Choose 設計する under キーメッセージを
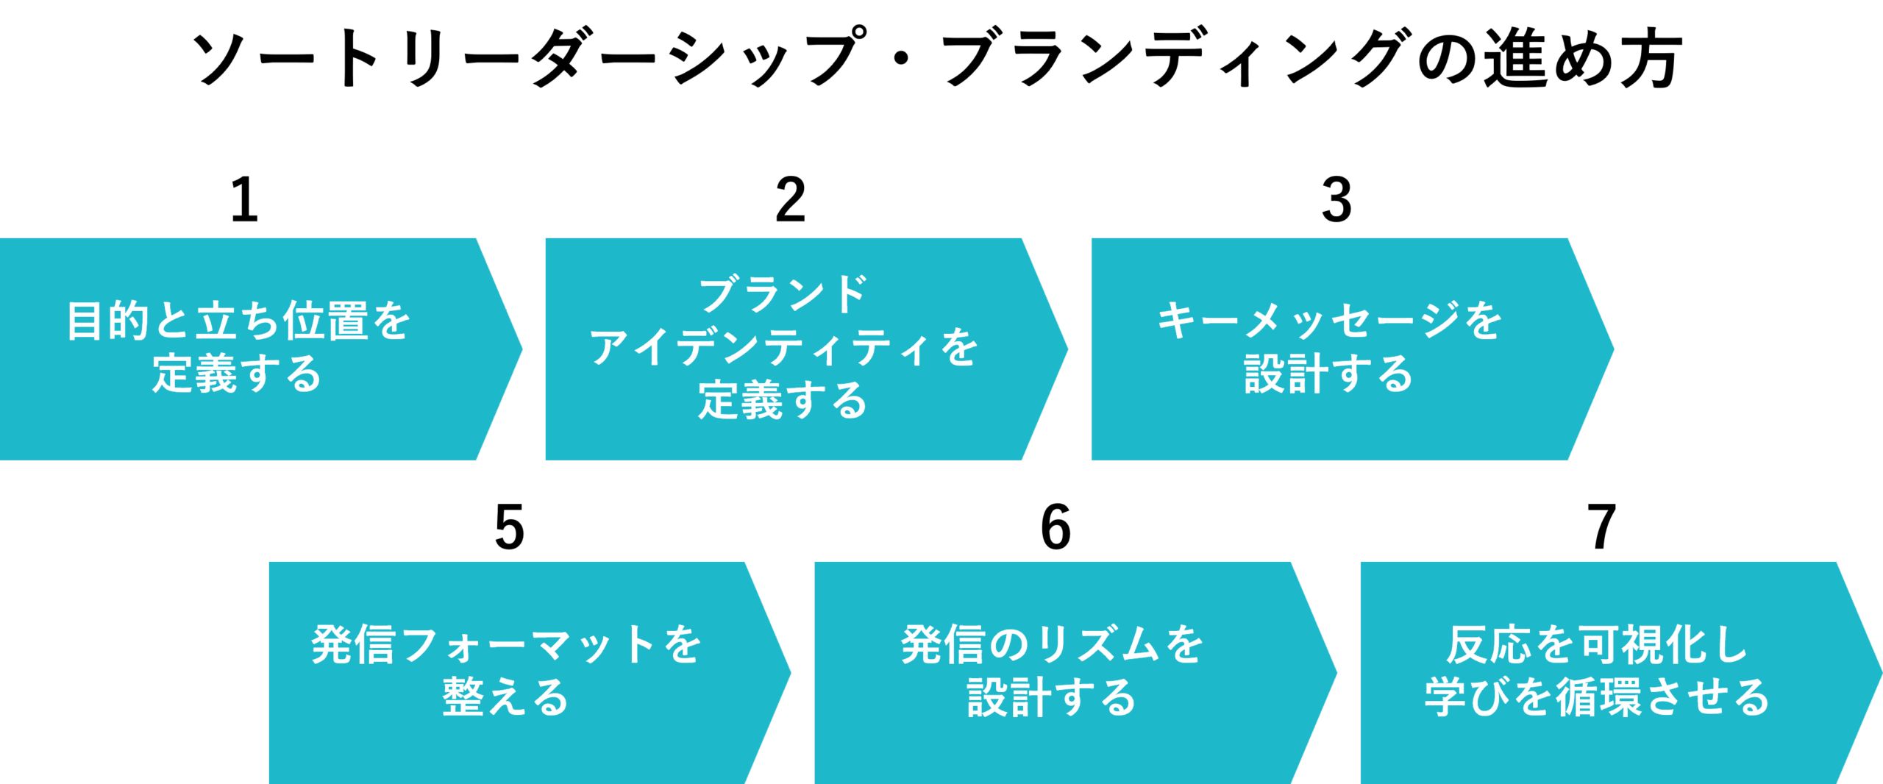point(1328,374)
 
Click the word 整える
point(506,697)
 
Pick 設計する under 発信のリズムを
point(1052,697)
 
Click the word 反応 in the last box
point(1489,645)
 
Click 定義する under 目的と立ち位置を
point(237,374)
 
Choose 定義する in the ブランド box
point(783,401)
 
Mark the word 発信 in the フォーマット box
point(353,645)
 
